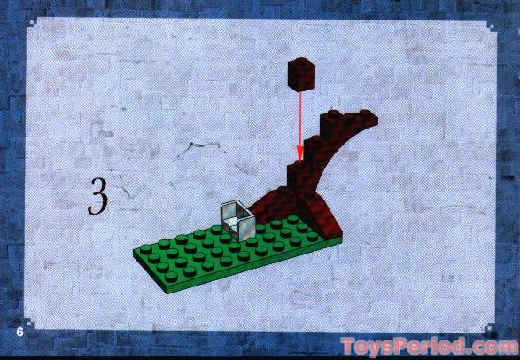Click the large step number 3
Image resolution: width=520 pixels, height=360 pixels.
(100, 196)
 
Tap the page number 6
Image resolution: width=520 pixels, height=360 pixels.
(19, 332)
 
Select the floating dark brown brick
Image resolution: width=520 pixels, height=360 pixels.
(302, 75)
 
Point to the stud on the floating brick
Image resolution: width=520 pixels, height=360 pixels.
(302, 64)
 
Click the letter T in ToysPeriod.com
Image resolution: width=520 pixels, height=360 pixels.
(348, 345)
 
